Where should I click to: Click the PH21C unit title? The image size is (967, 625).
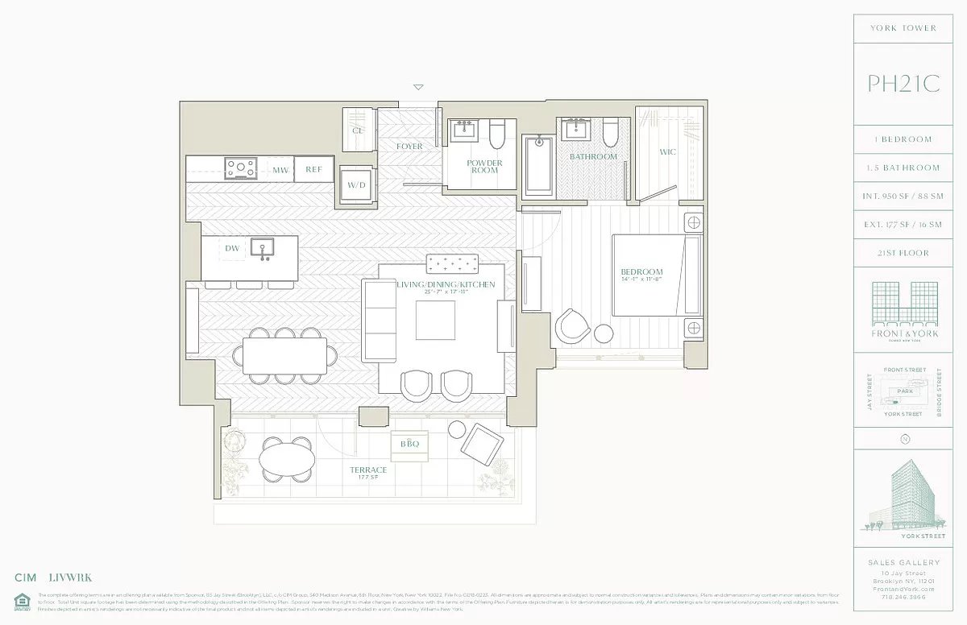tap(903, 84)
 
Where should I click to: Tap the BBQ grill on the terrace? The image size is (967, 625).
tap(405, 444)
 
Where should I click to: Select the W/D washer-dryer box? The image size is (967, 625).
tap(356, 185)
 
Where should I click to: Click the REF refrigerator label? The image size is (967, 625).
tap(313, 170)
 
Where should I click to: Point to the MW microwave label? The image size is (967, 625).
tap(280, 170)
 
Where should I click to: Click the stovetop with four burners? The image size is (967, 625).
tap(241, 168)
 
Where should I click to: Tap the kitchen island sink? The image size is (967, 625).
tap(262, 248)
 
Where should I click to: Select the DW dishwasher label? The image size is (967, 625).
tap(232, 249)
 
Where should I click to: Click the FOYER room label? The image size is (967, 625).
tap(409, 147)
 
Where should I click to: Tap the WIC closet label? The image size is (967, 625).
tap(667, 151)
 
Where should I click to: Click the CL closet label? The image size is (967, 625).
tap(358, 130)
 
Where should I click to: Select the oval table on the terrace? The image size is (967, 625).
tap(288, 461)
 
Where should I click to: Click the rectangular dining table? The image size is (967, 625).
tap(285, 355)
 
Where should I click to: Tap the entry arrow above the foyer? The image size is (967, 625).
tap(417, 87)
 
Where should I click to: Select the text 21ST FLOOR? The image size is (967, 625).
tap(903, 253)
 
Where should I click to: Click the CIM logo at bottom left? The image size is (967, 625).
tap(26, 577)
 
